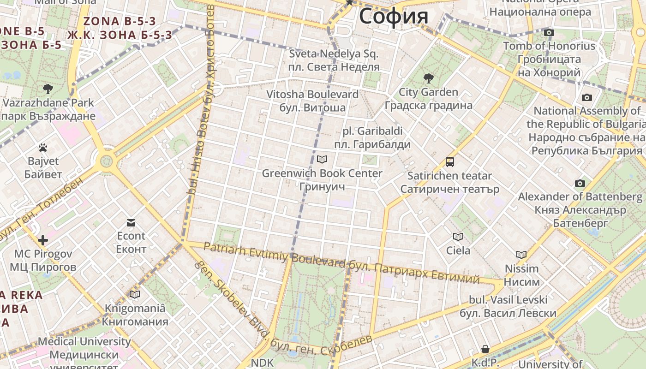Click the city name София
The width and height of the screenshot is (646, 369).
point(394,16)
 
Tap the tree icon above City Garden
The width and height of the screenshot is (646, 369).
point(428,78)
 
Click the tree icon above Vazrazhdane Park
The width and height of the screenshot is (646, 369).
point(48,89)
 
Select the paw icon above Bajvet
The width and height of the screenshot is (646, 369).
point(43,148)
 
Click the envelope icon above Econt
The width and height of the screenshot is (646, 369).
point(131,223)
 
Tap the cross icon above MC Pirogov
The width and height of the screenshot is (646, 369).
point(43,240)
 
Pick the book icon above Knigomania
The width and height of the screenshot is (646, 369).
point(135,294)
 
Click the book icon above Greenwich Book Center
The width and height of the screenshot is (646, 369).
point(322,160)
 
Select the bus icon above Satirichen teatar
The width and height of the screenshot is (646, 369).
point(450,162)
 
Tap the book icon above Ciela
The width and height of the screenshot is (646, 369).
point(458,237)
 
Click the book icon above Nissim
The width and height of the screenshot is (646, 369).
point(521,255)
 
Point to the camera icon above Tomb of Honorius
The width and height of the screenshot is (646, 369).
point(549,32)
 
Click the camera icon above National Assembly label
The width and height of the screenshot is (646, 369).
point(587,97)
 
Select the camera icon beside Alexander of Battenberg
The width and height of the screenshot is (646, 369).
point(580,184)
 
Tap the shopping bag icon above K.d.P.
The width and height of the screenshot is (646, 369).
point(485,349)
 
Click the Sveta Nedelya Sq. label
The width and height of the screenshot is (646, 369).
point(334,54)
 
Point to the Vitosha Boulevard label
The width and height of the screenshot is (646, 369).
point(312,95)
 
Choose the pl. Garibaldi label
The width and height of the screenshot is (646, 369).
point(372,131)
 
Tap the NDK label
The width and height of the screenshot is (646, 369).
point(262,363)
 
